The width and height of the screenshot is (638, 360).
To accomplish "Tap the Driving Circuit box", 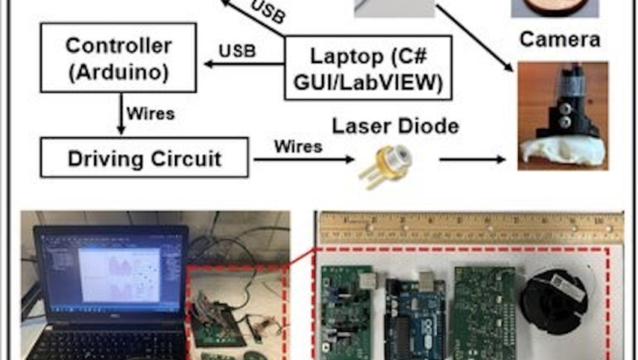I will pyautogui.click(x=144, y=157).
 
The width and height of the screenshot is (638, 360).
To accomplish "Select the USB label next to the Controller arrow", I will pyautogui.click(x=237, y=51).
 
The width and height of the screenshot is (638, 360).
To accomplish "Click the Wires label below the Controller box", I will pyautogui.click(x=150, y=114).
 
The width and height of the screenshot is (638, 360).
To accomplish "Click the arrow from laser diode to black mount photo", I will pyautogui.click(x=472, y=159).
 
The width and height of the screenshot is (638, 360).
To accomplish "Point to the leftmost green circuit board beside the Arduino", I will pyautogui.click(x=346, y=307).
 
